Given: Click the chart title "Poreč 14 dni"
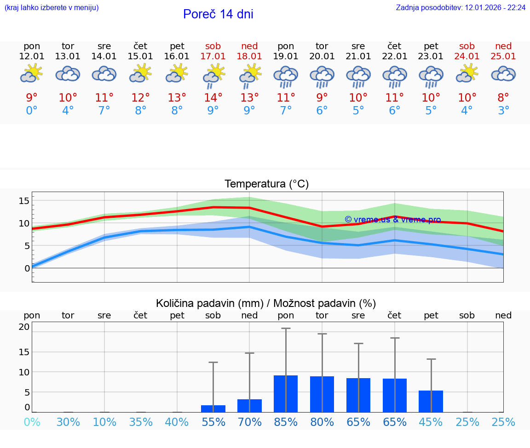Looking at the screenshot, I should pyautogui.click(x=218, y=14).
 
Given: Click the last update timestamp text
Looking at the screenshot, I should pyautogui.click(x=461, y=8).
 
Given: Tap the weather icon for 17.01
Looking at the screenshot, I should pyautogui.click(x=213, y=75).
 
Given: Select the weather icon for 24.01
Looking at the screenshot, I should pyautogui.click(x=467, y=74).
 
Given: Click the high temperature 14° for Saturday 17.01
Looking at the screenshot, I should pyautogui.click(x=213, y=98).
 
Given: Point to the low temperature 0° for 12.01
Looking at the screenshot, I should pyautogui.click(x=32, y=111).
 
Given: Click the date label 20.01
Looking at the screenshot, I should pyautogui.click(x=322, y=56).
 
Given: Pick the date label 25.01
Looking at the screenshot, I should pyautogui.click(x=503, y=56).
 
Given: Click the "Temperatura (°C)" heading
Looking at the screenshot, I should pyautogui.click(x=266, y=184).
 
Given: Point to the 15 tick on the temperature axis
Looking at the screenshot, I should pyautogui.click(x=24, y=201).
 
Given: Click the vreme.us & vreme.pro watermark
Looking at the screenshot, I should pyautogui.click(x=393, y=220).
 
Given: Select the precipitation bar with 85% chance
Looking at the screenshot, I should pyautogui.click(x=286, y=394).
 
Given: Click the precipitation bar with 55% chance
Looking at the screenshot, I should pyautogui.click(x=213, y=408).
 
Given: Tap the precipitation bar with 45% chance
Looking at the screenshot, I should pyautogui.click(x=431, y=401).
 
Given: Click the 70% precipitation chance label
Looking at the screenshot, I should pyautogui.click(x=249, y=422).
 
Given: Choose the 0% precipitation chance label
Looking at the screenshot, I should pyautogui.click(x=32, y=422).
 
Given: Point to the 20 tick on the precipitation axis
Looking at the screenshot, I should pyautogui.click(x=24, y=327).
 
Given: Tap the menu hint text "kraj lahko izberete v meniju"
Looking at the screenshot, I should pyautogui.click(x=52, y=8).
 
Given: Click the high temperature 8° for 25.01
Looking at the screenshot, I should pyautogui.click(x=503, y=98).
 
